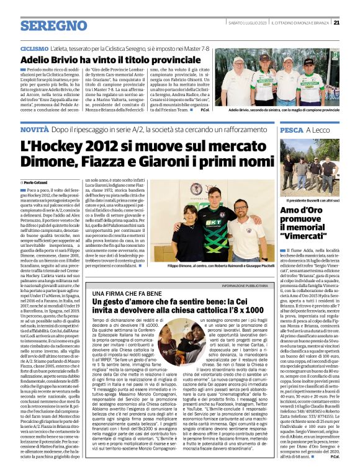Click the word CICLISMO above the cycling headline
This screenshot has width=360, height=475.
pyautogui.click(x=35, y=48)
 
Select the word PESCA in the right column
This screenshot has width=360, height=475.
pyautogui.click(x=292, y=130)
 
